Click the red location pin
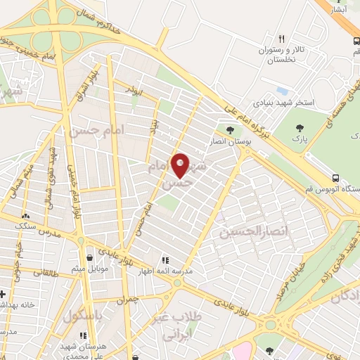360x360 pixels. coord(181,165)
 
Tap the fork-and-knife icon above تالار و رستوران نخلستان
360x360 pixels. coord(281,39)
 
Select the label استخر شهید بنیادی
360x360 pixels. coord(285,103)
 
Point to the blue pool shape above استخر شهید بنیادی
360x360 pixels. coord(283,91)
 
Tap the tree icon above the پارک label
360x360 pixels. coord(300,127)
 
